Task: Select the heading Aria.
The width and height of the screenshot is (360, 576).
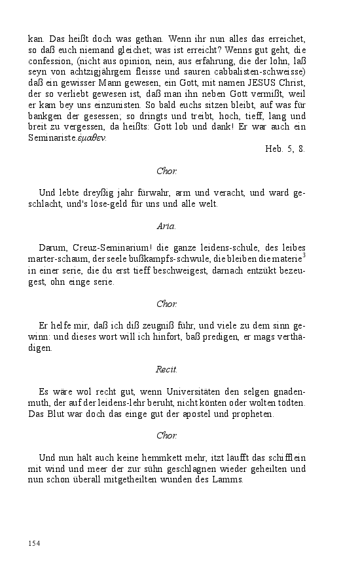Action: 166,226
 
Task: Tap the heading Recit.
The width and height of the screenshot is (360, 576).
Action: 166,370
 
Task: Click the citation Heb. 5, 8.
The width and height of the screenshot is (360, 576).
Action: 285,149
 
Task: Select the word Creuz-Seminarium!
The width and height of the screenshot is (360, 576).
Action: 99,249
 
